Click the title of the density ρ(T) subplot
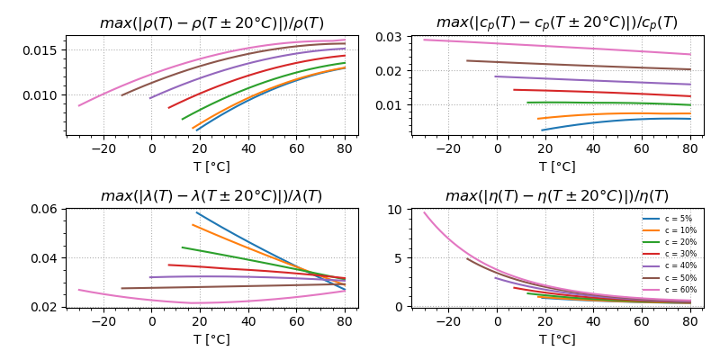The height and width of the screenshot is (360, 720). [x=211, y=23]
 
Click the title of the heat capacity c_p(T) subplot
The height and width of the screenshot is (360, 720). [x=557, y=23]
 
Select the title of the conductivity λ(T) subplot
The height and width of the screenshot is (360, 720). [x=211, y=196]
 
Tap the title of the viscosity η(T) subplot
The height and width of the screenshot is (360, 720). [x=557, y=196]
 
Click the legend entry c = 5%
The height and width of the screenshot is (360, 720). [x=678, y=219]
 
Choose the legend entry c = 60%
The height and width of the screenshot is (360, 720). [x=679, y=290]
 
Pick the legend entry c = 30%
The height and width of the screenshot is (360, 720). [x=679, y=254]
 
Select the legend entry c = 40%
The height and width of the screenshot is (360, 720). [x=679, y=265]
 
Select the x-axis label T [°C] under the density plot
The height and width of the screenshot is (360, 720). [x=211, y=166]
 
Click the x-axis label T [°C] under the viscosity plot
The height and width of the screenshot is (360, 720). [x=557, y=339]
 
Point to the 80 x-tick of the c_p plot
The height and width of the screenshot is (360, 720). [x=690, y=148]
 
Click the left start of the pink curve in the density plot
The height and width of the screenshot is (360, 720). [x=79, y=105]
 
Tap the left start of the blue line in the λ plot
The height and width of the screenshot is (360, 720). [x=196, y=212]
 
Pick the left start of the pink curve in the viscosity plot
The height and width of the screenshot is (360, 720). [x=425, y=212]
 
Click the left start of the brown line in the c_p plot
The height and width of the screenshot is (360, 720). [x=467, y=60]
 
